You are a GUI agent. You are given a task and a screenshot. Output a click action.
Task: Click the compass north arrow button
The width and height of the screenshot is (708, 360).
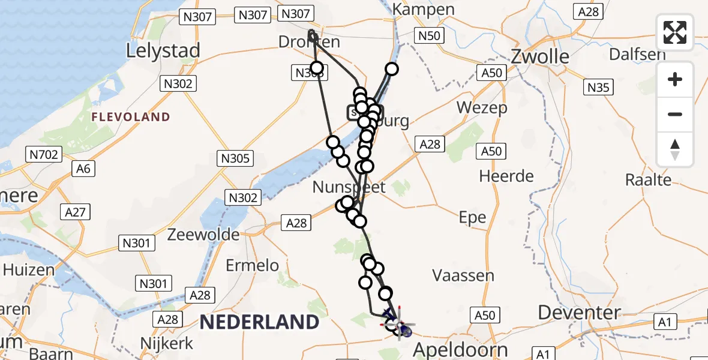pos(675,149)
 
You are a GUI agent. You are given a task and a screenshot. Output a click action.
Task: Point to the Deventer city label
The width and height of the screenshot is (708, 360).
pos(579,313)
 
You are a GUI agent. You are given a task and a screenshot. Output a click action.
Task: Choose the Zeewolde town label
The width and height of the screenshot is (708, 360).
pos(203,234)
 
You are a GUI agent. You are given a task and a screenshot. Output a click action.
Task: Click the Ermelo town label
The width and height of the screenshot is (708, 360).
pos(252,265)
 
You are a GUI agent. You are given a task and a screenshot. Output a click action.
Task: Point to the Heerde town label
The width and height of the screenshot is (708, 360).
pos(506,176)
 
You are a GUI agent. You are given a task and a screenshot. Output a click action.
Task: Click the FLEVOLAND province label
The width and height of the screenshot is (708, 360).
pos(131,117)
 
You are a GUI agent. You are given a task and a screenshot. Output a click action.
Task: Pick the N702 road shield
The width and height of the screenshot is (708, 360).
pos(43,155)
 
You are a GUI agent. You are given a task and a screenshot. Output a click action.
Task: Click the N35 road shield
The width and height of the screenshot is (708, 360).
pos(598,88)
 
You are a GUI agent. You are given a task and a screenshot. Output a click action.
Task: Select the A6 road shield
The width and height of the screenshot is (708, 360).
pos(83,169)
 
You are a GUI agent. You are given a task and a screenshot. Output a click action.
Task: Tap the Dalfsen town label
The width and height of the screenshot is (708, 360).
pos(637,54)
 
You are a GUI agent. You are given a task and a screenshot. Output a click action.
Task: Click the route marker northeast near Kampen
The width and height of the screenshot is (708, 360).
pos(392,69)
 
